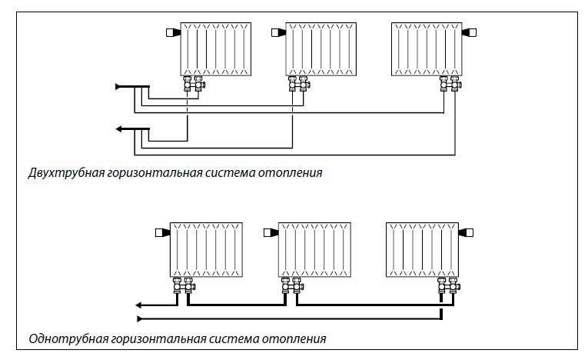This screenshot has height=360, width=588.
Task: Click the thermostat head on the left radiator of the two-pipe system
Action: click(171, 33)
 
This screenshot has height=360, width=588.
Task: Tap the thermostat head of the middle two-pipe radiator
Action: click(277, 33)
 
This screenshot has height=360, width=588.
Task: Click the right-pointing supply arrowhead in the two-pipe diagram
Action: click(118, 87)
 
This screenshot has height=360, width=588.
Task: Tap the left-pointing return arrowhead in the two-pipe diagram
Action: click(118, 128)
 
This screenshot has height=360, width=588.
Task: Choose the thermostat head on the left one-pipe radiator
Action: click(161, 232)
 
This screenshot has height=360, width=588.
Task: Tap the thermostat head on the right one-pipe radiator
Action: click(467, 232)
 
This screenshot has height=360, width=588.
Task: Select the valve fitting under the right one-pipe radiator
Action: click(447, 288)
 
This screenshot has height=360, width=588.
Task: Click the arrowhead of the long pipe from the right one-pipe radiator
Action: click(139, 318)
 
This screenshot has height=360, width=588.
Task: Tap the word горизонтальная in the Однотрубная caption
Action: click(150, 338)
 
